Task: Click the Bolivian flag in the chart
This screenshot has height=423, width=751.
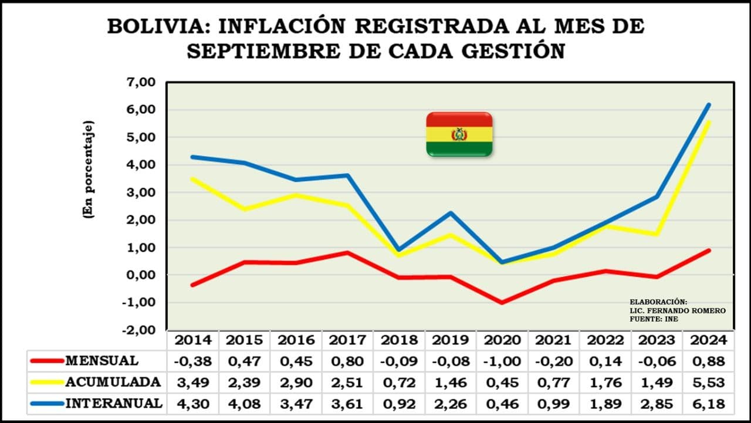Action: tap(459, 134)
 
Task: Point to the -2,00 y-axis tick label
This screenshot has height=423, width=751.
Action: tap(138, 330)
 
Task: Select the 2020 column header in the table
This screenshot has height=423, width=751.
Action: tap(502, 340)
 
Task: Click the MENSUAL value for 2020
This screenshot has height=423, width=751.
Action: tap(502, 361)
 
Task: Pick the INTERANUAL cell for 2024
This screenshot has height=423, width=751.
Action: tap(709, 404)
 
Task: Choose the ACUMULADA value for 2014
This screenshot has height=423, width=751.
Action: tap(192, 383)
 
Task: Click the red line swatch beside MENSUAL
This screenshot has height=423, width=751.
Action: tap(46, 361)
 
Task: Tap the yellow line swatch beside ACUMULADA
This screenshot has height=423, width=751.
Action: tap(46, 383)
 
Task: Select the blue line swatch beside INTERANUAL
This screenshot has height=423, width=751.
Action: tap(46, 404)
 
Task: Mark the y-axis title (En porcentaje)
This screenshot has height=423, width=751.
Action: tap(89, 170)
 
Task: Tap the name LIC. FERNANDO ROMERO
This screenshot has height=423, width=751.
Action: tap(678, 310)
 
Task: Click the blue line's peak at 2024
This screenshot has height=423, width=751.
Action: tap(709, 105)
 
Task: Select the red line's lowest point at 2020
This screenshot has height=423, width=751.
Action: tap(502, 303)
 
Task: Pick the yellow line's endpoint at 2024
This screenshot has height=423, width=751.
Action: tap(709, 123)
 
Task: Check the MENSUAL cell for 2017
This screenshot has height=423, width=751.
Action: tap(347, 361)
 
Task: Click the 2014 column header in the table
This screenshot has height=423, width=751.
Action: tap(192, 340)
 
